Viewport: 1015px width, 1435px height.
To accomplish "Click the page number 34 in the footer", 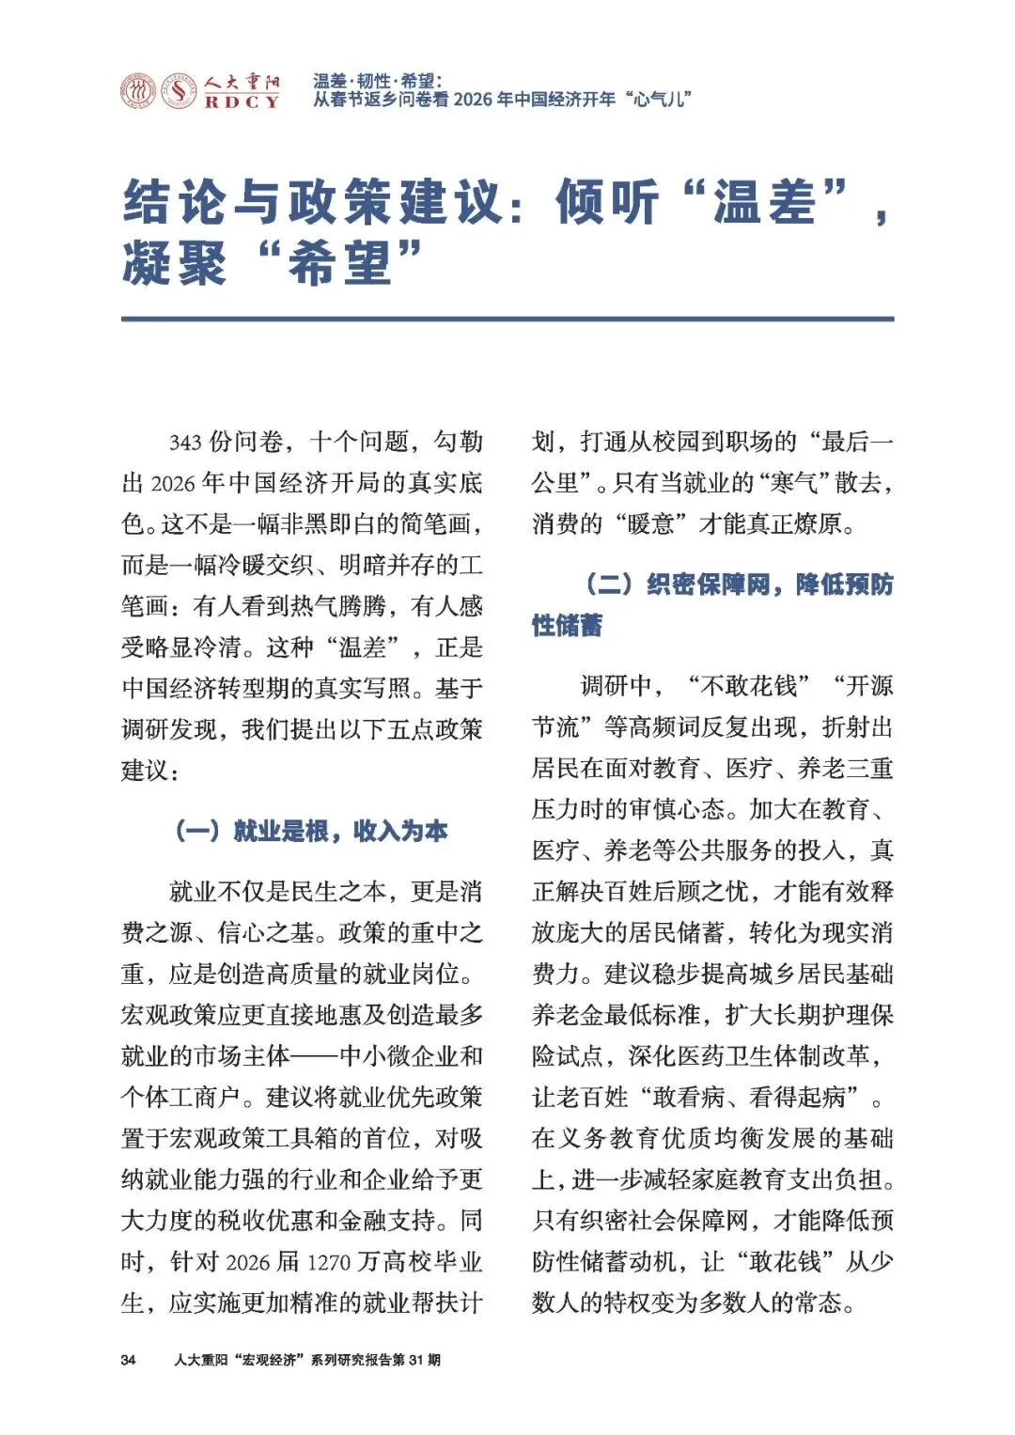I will [x=128, y=1360].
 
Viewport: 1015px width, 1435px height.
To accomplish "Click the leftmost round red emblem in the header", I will [x=138, y=91].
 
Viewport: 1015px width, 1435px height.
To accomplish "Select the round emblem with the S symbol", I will [x=178, y=91].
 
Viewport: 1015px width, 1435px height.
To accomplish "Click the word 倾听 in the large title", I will [x=606, y=201].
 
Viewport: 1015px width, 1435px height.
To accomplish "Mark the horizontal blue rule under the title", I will [x=507, y=320].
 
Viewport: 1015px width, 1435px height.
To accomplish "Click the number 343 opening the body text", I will [x=186, y=442].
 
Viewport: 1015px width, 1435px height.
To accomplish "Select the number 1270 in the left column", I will [x=328, y=1262].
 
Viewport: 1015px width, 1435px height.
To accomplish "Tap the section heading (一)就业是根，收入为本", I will [x=311, y=831].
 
